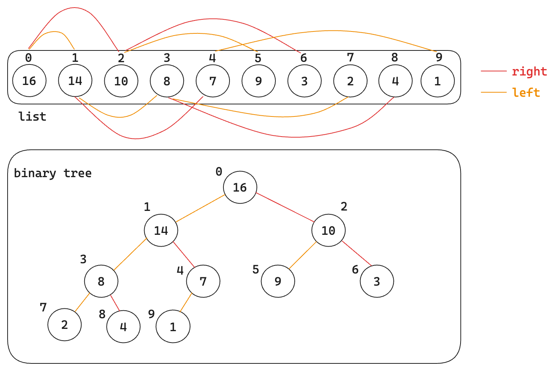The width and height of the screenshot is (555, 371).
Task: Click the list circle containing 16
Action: coord(29,81)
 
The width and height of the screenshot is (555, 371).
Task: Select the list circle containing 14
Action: coord(75,80)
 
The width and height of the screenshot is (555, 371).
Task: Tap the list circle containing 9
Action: coord(258,81)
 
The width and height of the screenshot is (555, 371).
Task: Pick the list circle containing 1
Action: coord(437,81)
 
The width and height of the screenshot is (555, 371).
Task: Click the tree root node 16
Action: coord(240,187)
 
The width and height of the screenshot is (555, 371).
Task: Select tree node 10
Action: coord(328,230)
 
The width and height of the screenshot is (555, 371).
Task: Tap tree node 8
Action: coord(101,281)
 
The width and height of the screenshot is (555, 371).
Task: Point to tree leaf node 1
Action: coord(173,327)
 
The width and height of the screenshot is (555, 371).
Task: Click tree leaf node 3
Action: coord(376,281)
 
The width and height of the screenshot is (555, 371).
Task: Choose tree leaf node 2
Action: coord(64,325)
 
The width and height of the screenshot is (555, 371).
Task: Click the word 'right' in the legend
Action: coord(529,71)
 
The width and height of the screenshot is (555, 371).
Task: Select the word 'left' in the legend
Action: coord(526,93)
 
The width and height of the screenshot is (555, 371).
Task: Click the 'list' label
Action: coord(32,116)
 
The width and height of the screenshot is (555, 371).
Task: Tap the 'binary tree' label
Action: coord(53,173)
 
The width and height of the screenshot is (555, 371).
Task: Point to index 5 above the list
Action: coord(258,58)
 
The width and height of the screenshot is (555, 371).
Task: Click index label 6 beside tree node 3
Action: coord(355,270)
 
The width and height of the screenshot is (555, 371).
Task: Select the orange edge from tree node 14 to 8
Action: coord(130,254)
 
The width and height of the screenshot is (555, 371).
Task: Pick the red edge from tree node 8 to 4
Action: coord(115,303)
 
